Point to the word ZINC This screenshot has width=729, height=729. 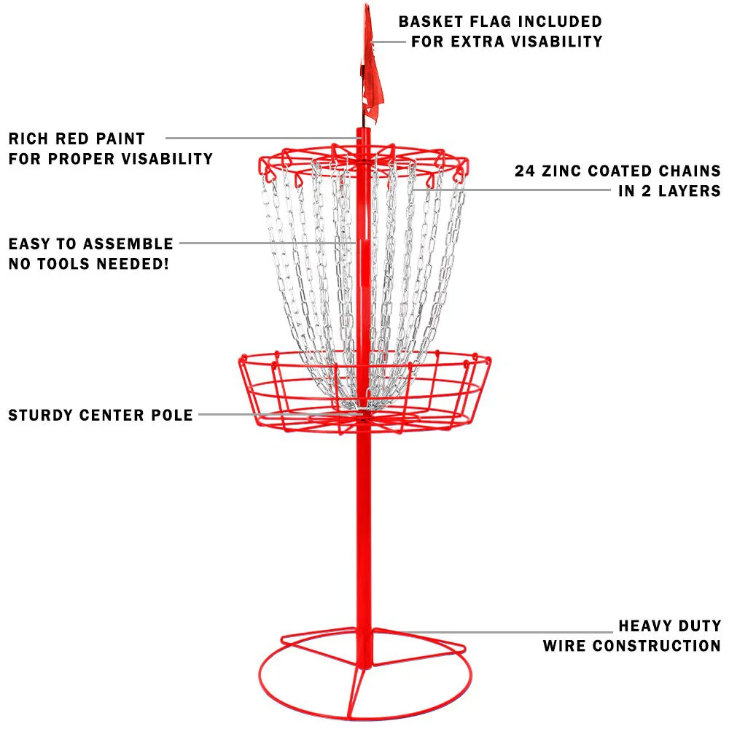561,171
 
